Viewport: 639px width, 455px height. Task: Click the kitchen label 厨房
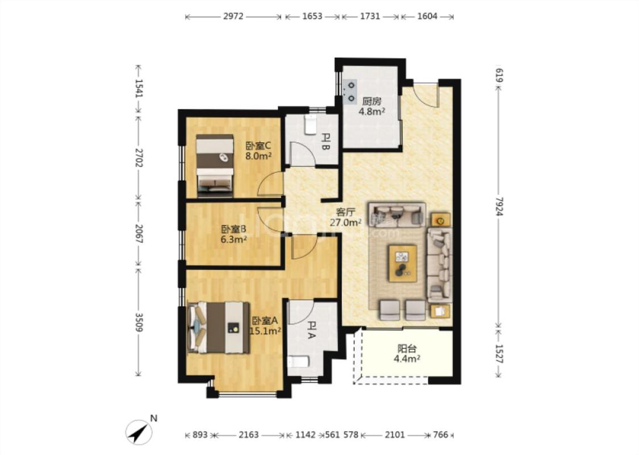(371, 101)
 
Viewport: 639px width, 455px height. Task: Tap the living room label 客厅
(345, 212)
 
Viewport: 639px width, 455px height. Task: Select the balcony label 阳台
(407, 349)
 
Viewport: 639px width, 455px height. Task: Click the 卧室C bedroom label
(258, 146)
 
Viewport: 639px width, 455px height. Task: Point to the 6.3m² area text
(233, 239)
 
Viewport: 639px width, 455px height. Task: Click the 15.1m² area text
(265, 330)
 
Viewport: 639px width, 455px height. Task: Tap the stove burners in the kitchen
(350, 92)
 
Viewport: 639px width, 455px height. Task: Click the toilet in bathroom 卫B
(311, 125)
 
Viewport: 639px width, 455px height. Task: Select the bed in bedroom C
(215, 166)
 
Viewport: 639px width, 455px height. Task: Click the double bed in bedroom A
(219, 328)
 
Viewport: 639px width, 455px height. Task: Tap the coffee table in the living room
(403, 263)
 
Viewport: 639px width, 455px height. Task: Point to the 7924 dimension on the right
(500, 206)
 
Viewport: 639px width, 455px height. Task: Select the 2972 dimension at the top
(233, 16)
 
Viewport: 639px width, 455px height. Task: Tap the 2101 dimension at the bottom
(395, 435)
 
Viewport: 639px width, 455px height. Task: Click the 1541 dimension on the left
(139, 88)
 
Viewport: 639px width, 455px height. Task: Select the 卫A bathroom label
(311, 330)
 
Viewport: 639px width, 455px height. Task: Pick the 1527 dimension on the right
(500, 354)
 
